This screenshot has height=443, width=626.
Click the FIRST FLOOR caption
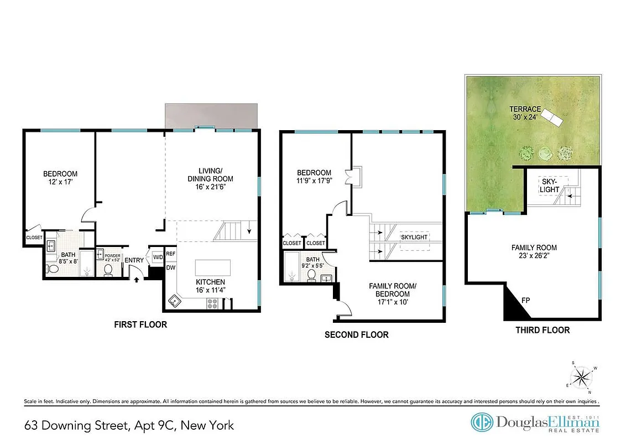tap(140, 324)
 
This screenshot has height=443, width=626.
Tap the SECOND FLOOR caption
tap(356, 334)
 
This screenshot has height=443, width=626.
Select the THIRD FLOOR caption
tap(542, 330)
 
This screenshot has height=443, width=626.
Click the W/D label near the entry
tap(158, 256)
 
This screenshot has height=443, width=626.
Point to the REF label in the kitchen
tap(171, 254)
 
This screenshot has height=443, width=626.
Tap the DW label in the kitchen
tap(171, 267)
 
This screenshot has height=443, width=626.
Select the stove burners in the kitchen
tap(212, 303)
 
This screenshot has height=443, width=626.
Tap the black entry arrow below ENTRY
tap(136, 280)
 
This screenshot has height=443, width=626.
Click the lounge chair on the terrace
tap(550, 117)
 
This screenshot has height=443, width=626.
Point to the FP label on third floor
tap(526, 300)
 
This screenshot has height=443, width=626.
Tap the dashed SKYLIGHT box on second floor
tap(414, 237)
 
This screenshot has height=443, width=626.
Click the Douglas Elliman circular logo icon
tap(482, 423)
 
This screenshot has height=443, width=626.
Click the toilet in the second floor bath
tap(311, 275)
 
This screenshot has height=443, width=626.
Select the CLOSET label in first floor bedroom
tap(34, 238)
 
